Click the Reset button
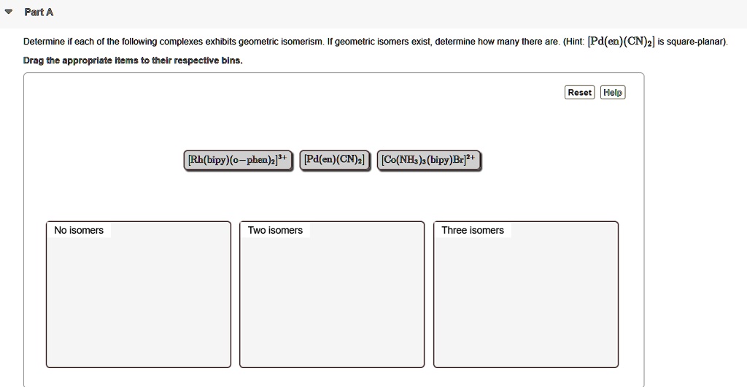coord(580,93)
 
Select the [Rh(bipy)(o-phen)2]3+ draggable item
coord(238,160)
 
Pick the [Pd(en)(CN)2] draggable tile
coord(336,160)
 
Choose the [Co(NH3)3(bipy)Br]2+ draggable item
coord(429,160)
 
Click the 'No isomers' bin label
coord(79,231)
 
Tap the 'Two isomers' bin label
coord(275,231)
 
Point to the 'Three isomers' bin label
coord(473,231)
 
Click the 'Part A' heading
coord(39,12)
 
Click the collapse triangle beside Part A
coord(8,12)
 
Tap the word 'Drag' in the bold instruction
coord(33,61)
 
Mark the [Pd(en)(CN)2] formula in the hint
coord(621,42)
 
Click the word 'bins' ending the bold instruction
coord(231,61)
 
